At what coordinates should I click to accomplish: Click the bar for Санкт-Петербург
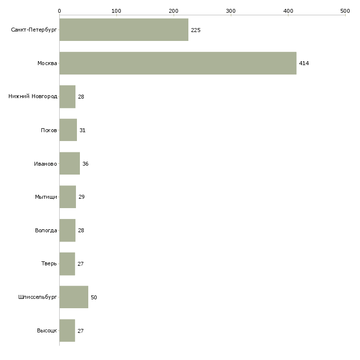[x=124, y=30]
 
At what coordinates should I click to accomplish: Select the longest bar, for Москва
[x=178, y=63]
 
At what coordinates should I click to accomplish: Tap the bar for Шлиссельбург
[x=73, y=297]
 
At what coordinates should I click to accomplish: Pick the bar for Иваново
[x=70, y=163]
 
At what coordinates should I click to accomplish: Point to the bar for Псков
[x=68, y=130]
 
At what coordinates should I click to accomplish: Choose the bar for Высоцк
[x=67, y=330]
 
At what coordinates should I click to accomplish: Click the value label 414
[x=304, y=63]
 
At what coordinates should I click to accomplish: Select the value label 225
[x=195, y=30]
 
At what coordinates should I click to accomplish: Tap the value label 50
[x=94, y=297]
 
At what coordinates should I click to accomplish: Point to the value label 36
[x=85, y=164]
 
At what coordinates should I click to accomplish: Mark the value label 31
[x=82, y=130]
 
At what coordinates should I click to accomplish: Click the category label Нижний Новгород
[x=33, y=97]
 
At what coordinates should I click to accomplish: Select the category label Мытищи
[x=46, y=197]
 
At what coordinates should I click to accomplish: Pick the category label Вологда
[x=46, y=230]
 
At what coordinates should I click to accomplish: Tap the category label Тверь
[x=49, y=264]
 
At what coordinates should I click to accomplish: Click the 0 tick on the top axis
[x=59, y=10]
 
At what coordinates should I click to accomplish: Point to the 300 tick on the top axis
[x=231, y=10]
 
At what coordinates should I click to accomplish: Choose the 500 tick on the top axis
[x=345, y=10]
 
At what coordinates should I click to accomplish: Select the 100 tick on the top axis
[x=116, y=10]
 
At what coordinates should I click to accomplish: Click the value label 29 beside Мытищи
[x=81, y=197]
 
